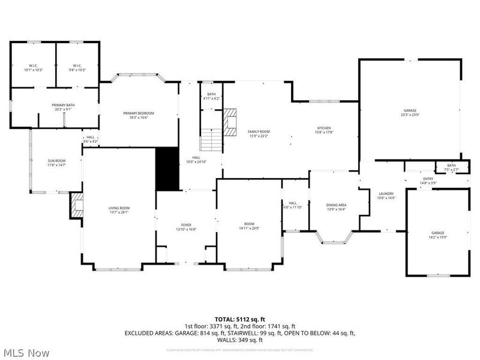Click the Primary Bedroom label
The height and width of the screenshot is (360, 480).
click(x=139, y=115)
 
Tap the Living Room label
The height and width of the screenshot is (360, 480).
click(x=119, y=210)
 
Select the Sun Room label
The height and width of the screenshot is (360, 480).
click(x=56, y=163)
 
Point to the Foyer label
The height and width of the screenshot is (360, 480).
click(x=186, y=227)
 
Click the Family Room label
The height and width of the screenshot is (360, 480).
click(x=259, y=133)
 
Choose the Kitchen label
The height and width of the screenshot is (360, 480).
click(x=324, y=130)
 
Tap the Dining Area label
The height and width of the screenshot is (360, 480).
click(x=335, y=207)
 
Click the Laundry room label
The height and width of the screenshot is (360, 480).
click(x=385, y=196)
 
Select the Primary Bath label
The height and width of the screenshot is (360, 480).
click(x=63, y=107)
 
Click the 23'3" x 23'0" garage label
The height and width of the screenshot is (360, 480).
click(x=410, y=112)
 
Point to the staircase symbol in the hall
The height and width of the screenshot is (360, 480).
click(x=211, y=140)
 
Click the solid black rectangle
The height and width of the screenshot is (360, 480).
click(x=167, y=169)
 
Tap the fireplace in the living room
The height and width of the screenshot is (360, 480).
click(x=76, y=205)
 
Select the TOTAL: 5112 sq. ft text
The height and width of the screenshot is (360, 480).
click(x=240, y=319)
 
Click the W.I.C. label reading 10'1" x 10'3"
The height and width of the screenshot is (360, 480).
click(x=34, y=68)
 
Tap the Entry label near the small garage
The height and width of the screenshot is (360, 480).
click(x=428, y=180)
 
